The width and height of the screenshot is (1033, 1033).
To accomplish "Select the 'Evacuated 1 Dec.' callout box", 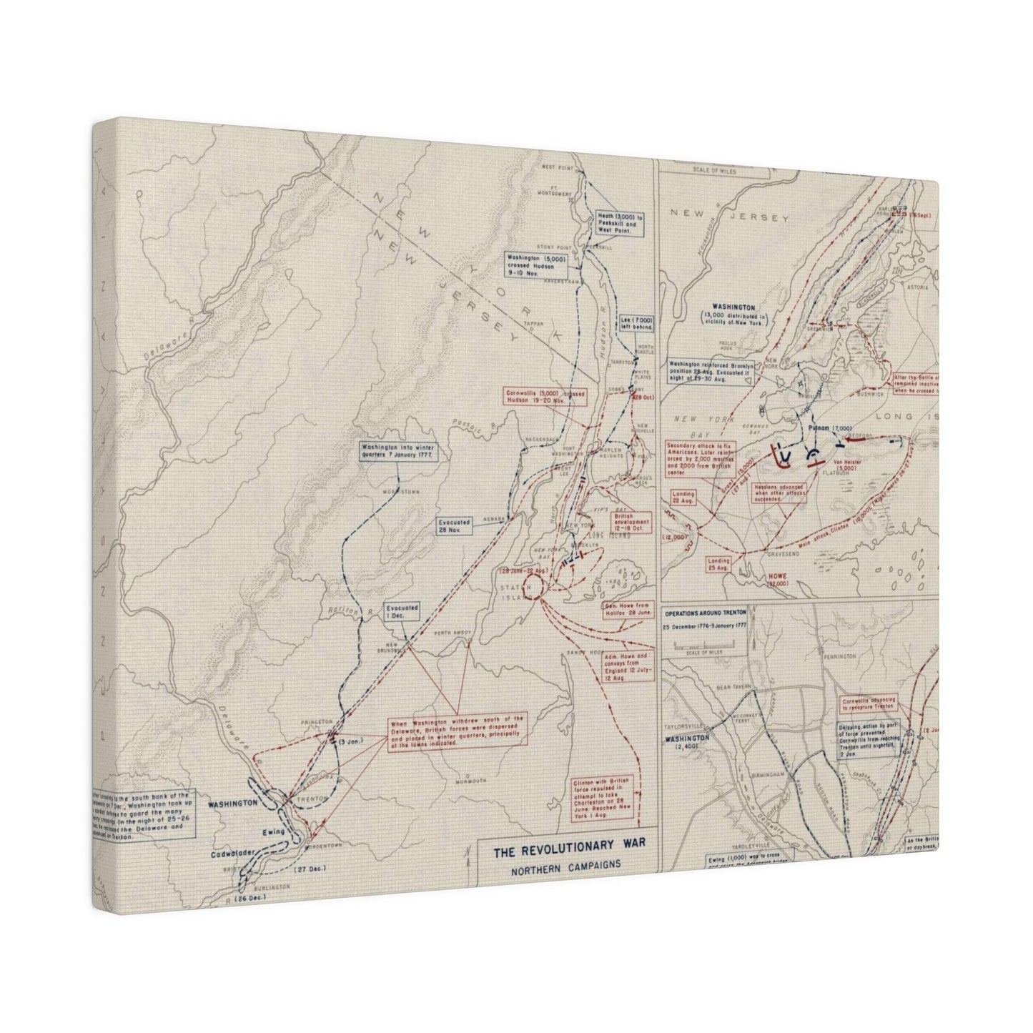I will coord(402,611).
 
